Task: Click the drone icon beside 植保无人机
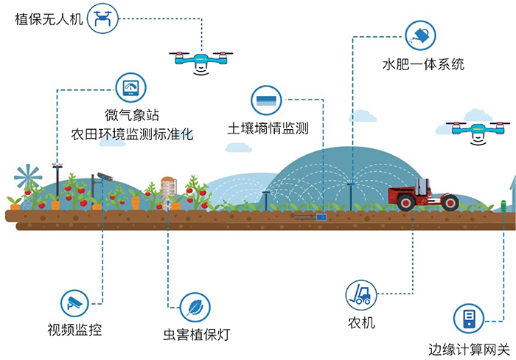(x=102, y=18)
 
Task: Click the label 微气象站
(x=133, y=116)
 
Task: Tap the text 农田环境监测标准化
(x=131, y=136)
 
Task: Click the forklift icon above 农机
(x=361, y=295)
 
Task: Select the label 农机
(x=361, y=322)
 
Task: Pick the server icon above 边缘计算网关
(x=468, y=318)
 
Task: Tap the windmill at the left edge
(x=28, y=179)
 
